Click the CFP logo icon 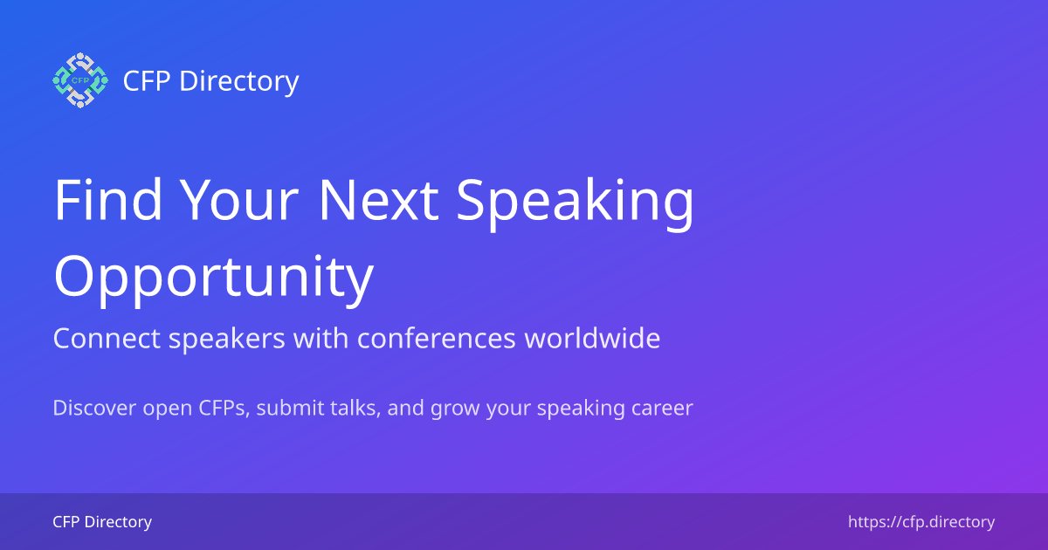pos(79,80)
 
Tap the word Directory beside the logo pos(238,81)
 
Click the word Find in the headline pos(107,199)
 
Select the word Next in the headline pos(377,199)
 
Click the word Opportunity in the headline pos(213,278)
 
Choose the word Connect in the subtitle pos(95,339)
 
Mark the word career pos(663,409)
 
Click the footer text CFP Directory pos(102,522)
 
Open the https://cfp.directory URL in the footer pos(921,522)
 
